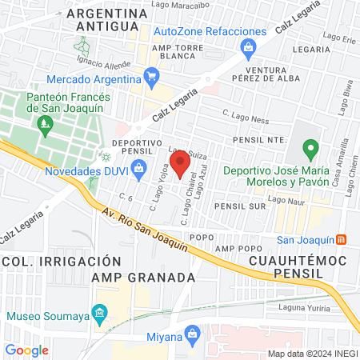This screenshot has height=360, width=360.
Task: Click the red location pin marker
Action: [180, 162]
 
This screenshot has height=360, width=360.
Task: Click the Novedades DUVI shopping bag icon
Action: [138, 168]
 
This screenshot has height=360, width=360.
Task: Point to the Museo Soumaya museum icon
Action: [99, 311]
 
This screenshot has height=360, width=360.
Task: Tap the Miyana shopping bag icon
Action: [191, 333]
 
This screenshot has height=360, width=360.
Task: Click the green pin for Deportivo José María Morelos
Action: [312, 148]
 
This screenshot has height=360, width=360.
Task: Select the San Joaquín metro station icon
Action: [342, 239]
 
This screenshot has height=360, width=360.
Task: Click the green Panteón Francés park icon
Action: [44, 123]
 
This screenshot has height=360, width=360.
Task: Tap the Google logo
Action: [26, 350]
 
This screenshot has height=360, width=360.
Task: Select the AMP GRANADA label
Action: [143, 277]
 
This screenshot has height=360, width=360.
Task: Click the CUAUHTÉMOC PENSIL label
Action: [286, 267]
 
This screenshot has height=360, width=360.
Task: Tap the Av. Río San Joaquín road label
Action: [149, 230]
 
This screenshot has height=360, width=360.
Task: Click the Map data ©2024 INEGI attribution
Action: [311, 353]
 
